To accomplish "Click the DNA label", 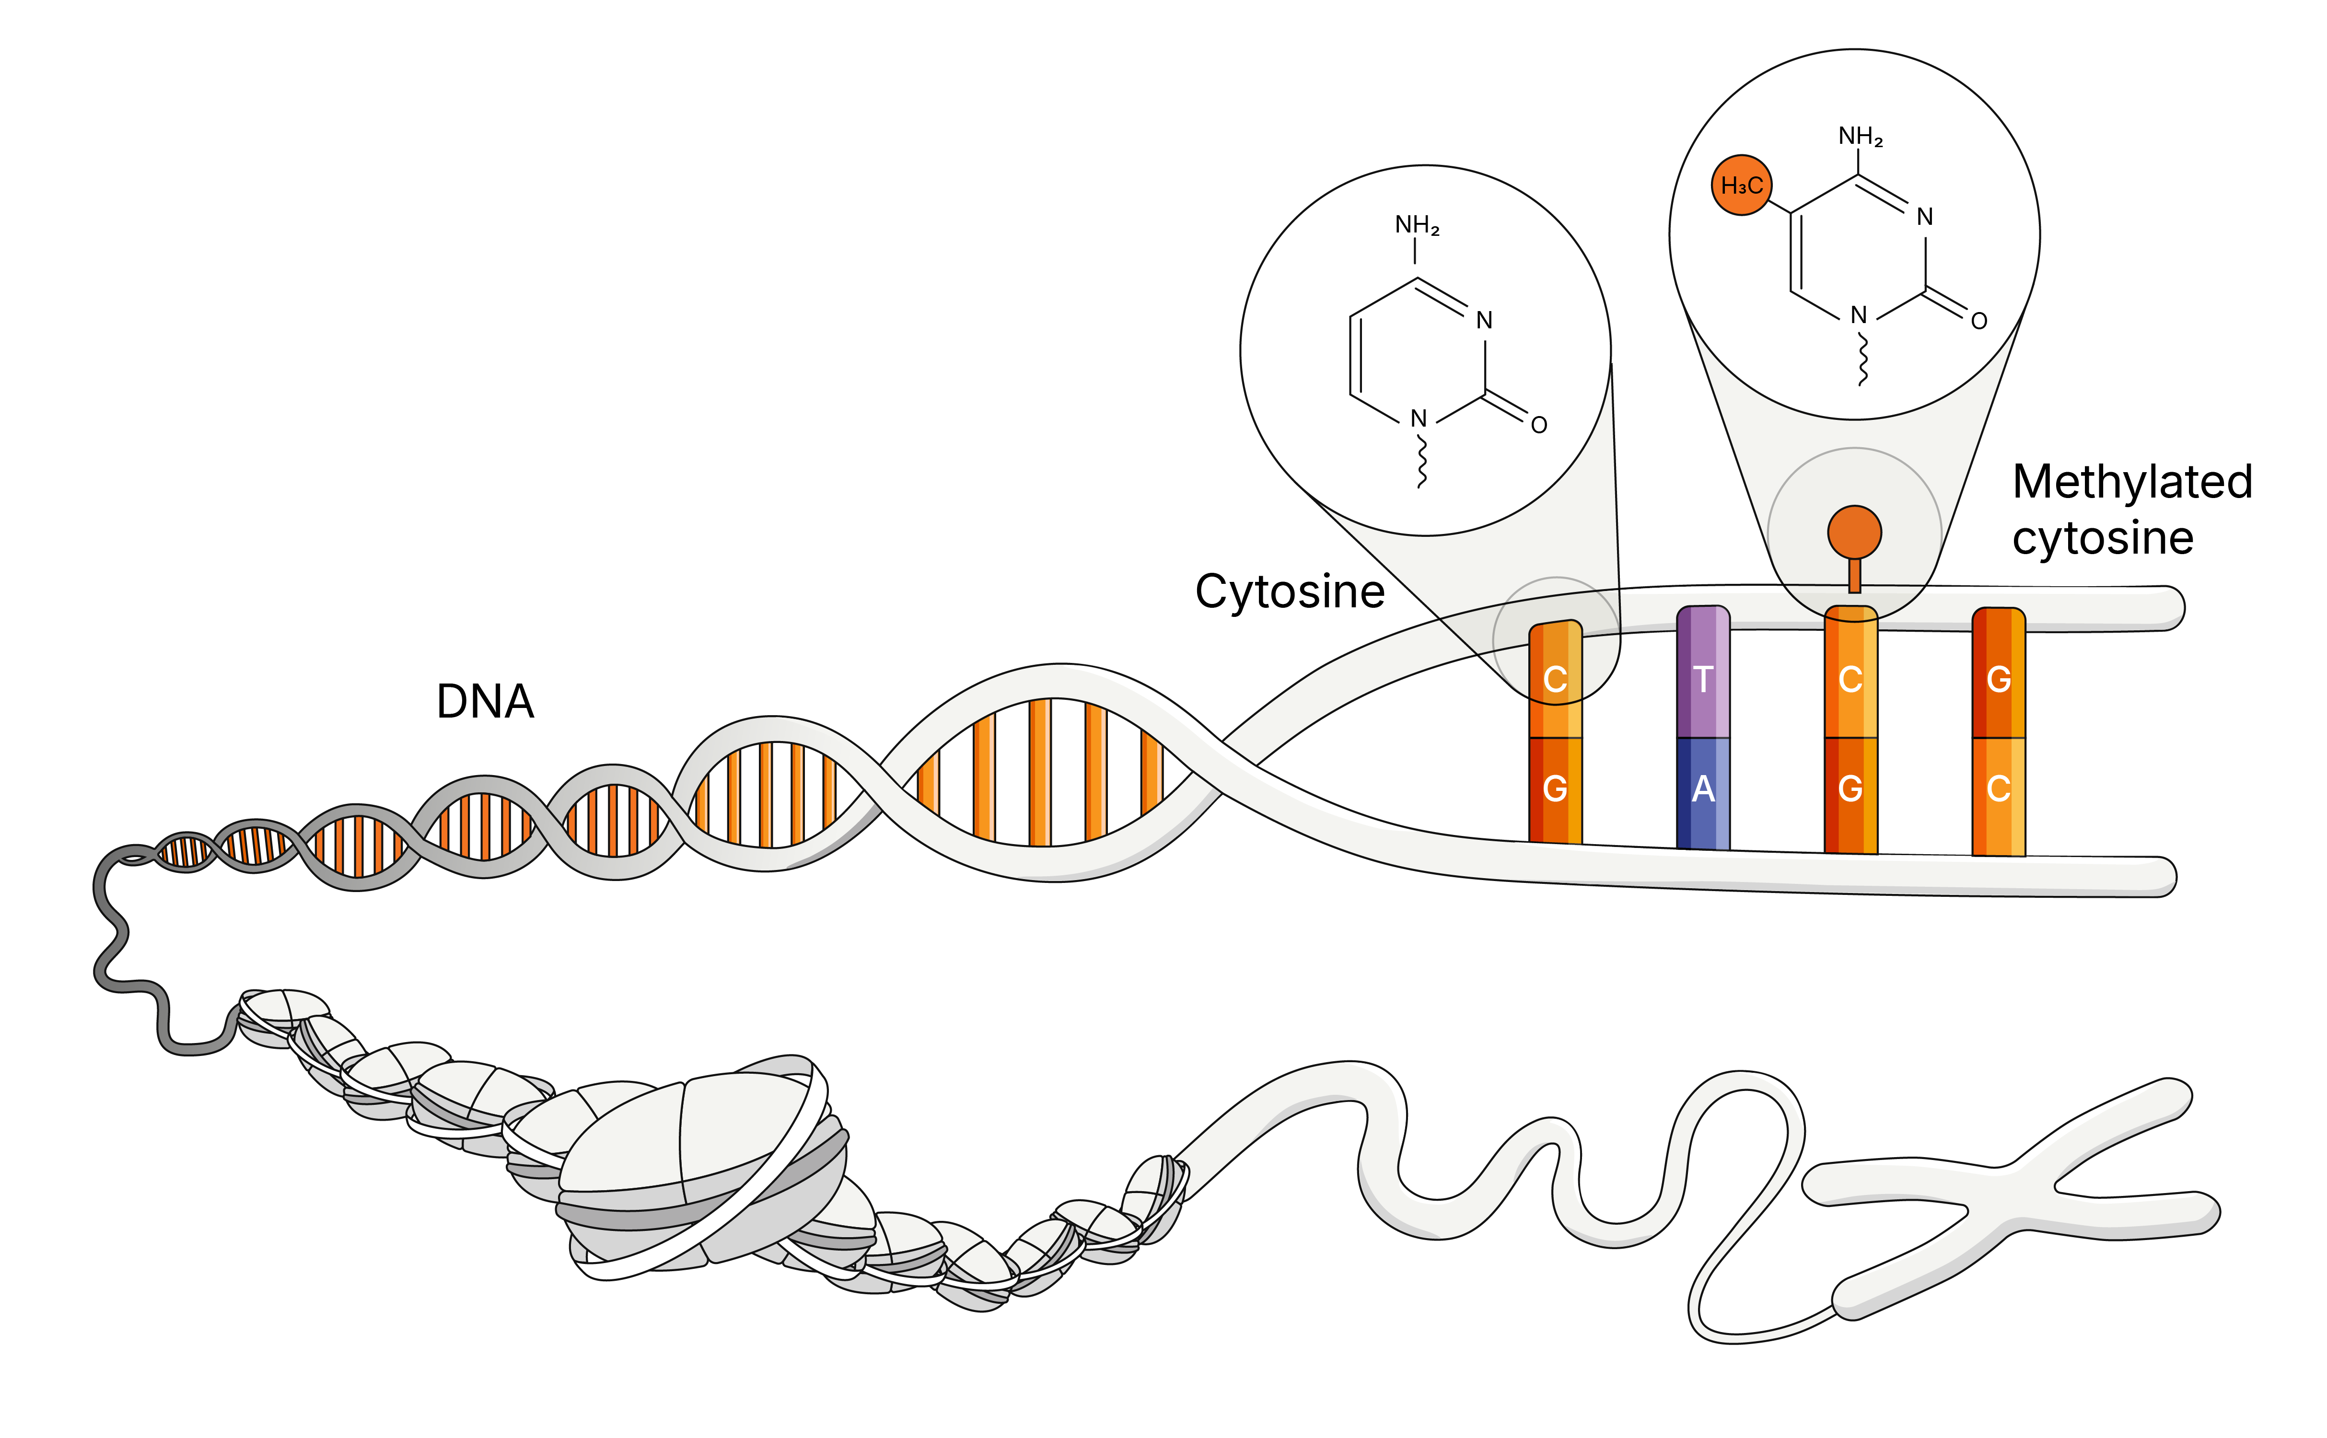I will [x=485, y=702].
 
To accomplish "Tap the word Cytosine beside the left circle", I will [x=1290, y=591].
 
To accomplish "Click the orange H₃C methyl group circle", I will [x=1741, y=186].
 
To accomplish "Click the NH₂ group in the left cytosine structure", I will [x=1417, y=225].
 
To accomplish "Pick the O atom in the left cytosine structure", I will [x=1539, y=425].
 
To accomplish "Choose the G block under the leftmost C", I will [x=1555, y=789].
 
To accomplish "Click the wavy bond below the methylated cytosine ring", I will [x=1862, y=359].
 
